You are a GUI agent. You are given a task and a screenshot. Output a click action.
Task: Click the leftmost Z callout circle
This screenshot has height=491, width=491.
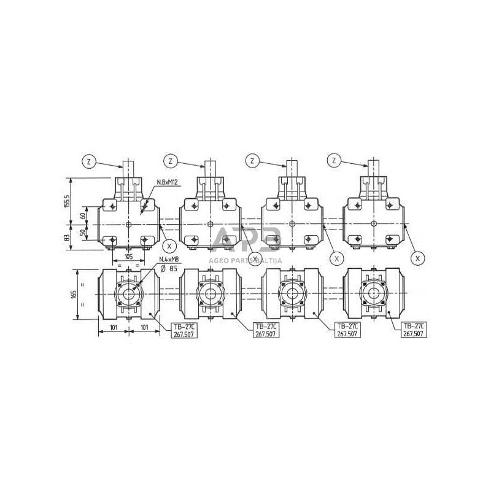[x=88, y=162]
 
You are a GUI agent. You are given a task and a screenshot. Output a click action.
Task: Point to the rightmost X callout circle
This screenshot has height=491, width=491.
[x=417, y=258]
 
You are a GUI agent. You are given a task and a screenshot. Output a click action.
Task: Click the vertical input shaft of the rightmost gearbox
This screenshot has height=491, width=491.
[x=374, y=169]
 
